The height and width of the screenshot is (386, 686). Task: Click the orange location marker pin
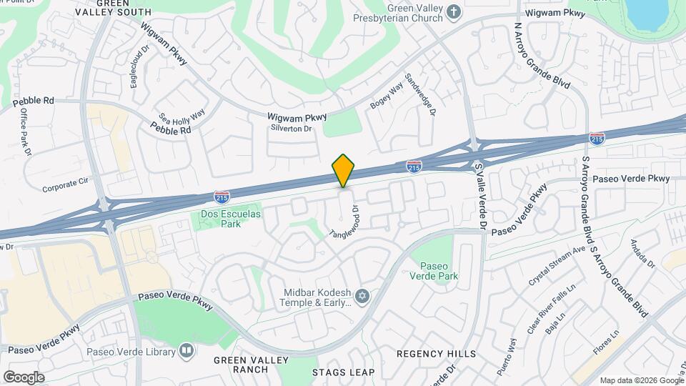(x=344, y=171)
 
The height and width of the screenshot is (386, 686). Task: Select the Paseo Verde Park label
(x=434, y=271)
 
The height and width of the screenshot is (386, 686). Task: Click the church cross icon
(x=454, y=12)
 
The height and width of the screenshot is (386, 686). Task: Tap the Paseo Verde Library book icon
(x=187, y=351)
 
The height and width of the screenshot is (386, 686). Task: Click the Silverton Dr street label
(x=291, y=129)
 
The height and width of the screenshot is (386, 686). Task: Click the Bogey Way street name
(x=387, y=96)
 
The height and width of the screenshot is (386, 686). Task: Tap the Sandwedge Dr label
(x=419, y=95)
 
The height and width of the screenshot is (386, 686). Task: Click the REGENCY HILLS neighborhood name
(x=437, y=354)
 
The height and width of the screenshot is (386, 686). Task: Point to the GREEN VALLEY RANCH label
(x=240, y=365)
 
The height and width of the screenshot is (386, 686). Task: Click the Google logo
(x=24, y=377)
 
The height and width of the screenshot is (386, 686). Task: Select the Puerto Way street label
(x=507, y=355)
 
